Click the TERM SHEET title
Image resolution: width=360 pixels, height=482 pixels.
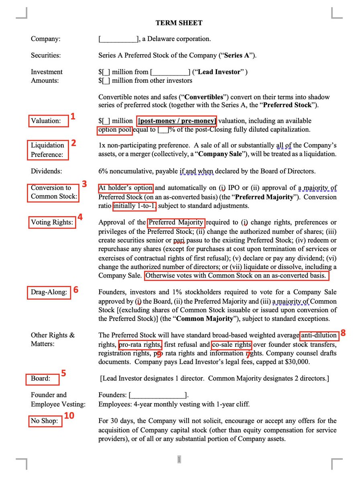click(179, 23)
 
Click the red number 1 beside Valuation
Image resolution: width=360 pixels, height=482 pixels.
click(73, 116)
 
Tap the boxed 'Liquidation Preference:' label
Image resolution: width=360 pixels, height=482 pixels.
click(48, 150)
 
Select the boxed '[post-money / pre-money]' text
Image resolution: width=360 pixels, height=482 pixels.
click(177, 120)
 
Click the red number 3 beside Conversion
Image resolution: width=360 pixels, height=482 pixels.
click(84, 184)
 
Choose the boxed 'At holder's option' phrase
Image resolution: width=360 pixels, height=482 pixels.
click(126, 188)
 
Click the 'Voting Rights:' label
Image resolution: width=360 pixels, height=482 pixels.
click(52, 222)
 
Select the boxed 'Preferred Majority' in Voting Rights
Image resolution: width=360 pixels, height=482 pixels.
click(176, 222)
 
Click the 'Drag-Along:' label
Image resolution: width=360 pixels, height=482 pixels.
click(49, 292)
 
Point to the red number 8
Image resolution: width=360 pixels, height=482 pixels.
click(343, 333)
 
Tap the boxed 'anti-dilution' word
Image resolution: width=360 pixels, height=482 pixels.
click(319, 335)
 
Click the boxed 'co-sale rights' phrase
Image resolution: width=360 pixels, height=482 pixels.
click(232, 345)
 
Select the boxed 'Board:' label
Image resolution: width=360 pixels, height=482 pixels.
click(41, 378)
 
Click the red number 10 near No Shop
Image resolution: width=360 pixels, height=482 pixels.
click(69, 415)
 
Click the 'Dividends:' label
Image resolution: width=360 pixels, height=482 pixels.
click(47, 171)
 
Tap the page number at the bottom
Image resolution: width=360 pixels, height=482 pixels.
click(179, 459)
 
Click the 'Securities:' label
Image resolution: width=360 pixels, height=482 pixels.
click(46, 55)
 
